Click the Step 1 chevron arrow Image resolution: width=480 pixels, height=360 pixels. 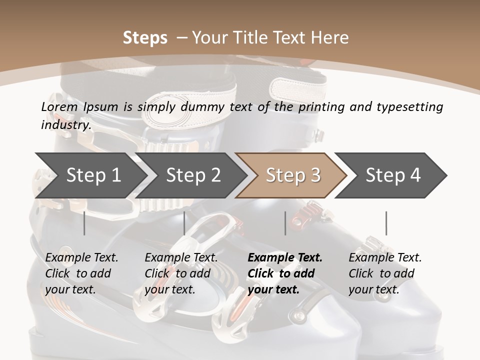coord(93,175)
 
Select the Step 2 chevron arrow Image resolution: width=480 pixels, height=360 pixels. coord(193,175)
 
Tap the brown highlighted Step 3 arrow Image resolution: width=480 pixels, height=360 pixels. coord(292,175)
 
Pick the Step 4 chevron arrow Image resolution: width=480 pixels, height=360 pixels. coord(392,175)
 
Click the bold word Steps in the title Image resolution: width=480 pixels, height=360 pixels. coord(145,37)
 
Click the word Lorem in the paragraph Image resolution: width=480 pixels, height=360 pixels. coord(59,106)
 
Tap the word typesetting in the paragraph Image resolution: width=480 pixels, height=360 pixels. coord(413,106)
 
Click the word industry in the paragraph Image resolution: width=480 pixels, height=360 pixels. coord(65,124)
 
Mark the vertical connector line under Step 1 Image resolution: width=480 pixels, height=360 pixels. coord(84,223)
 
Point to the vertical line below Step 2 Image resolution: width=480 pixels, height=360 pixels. coord(184,223)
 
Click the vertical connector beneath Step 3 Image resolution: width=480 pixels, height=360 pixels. coord(285,223)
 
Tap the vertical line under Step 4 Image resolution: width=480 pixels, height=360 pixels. coord(386,223)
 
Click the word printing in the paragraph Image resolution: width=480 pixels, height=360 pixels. coord(321,106)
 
